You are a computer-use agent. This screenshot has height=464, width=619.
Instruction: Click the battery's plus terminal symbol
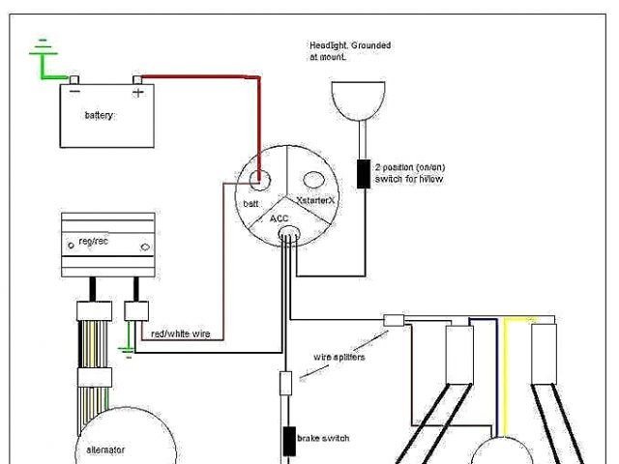click(x=137, y=93)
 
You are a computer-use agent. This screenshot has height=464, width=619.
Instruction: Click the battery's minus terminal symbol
click(x=74, y=92)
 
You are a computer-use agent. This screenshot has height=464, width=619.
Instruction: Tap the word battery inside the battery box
click(x=99, y=115)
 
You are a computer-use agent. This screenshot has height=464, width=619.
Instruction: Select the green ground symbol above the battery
click(x=40, y=52)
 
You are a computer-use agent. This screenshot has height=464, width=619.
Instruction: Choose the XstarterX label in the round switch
click(x=314, y=200)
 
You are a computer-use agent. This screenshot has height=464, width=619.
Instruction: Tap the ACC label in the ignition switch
click(x=279, y=218)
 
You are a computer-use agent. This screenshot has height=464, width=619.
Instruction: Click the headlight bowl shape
click(x=359, y=100)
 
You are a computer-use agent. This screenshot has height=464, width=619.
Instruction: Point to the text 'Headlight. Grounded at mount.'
click(x=350, y=51)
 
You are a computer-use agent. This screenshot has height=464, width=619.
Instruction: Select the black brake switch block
click(x=287, y=440)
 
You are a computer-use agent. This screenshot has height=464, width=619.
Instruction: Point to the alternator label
click(x=104, y=449)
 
